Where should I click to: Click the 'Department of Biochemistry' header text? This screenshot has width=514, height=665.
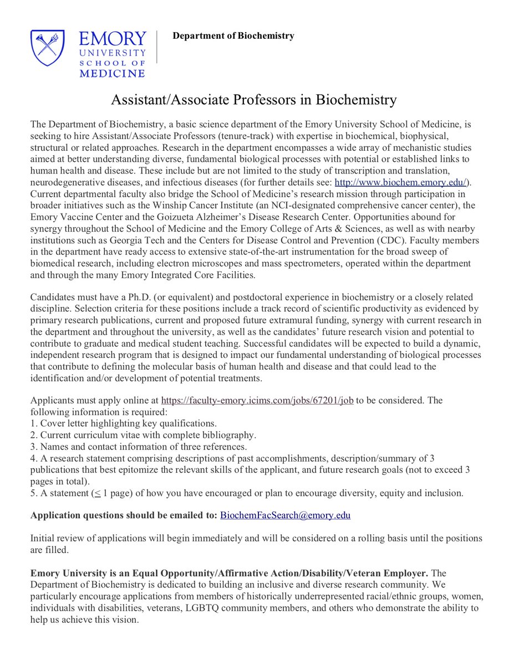point(233,36)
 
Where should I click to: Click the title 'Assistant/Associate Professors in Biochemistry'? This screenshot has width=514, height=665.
point(254,100)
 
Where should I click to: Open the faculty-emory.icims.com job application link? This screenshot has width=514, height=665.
point(257,400)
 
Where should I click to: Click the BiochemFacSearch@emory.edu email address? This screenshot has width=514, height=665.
point(285,515)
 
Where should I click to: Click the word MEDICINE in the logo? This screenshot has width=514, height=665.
point(111,73)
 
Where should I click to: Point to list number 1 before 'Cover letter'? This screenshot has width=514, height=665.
point(33,423)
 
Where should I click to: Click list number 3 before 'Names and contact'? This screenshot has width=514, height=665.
point(33,446)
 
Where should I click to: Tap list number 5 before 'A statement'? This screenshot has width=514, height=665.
point(33,492)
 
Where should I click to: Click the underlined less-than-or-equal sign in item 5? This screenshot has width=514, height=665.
point(98,492)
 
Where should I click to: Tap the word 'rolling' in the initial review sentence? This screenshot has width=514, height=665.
point(348,538)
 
